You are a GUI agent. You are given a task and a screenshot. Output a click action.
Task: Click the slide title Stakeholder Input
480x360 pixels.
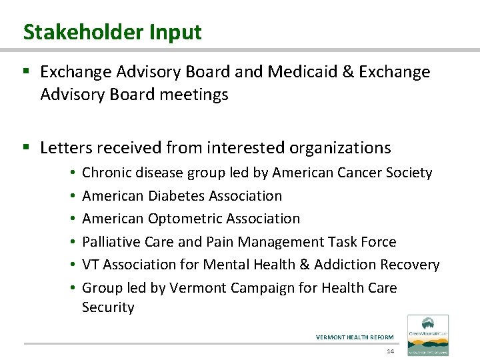coord(112,31)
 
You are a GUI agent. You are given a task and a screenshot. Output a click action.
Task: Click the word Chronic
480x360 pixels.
coord(107,173)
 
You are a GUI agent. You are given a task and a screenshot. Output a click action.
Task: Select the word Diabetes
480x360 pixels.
coord(174,196)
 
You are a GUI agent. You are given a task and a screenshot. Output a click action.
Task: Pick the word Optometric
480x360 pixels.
coord(178,219)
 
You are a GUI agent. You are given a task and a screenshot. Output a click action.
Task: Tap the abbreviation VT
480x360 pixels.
coord(90,265)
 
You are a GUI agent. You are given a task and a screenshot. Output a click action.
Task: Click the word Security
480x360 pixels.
coord(108,307)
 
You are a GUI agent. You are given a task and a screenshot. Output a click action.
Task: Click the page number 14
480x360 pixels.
coord(389,351)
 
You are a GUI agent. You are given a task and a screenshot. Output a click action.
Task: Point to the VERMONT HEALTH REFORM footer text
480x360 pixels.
coord(355,337)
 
